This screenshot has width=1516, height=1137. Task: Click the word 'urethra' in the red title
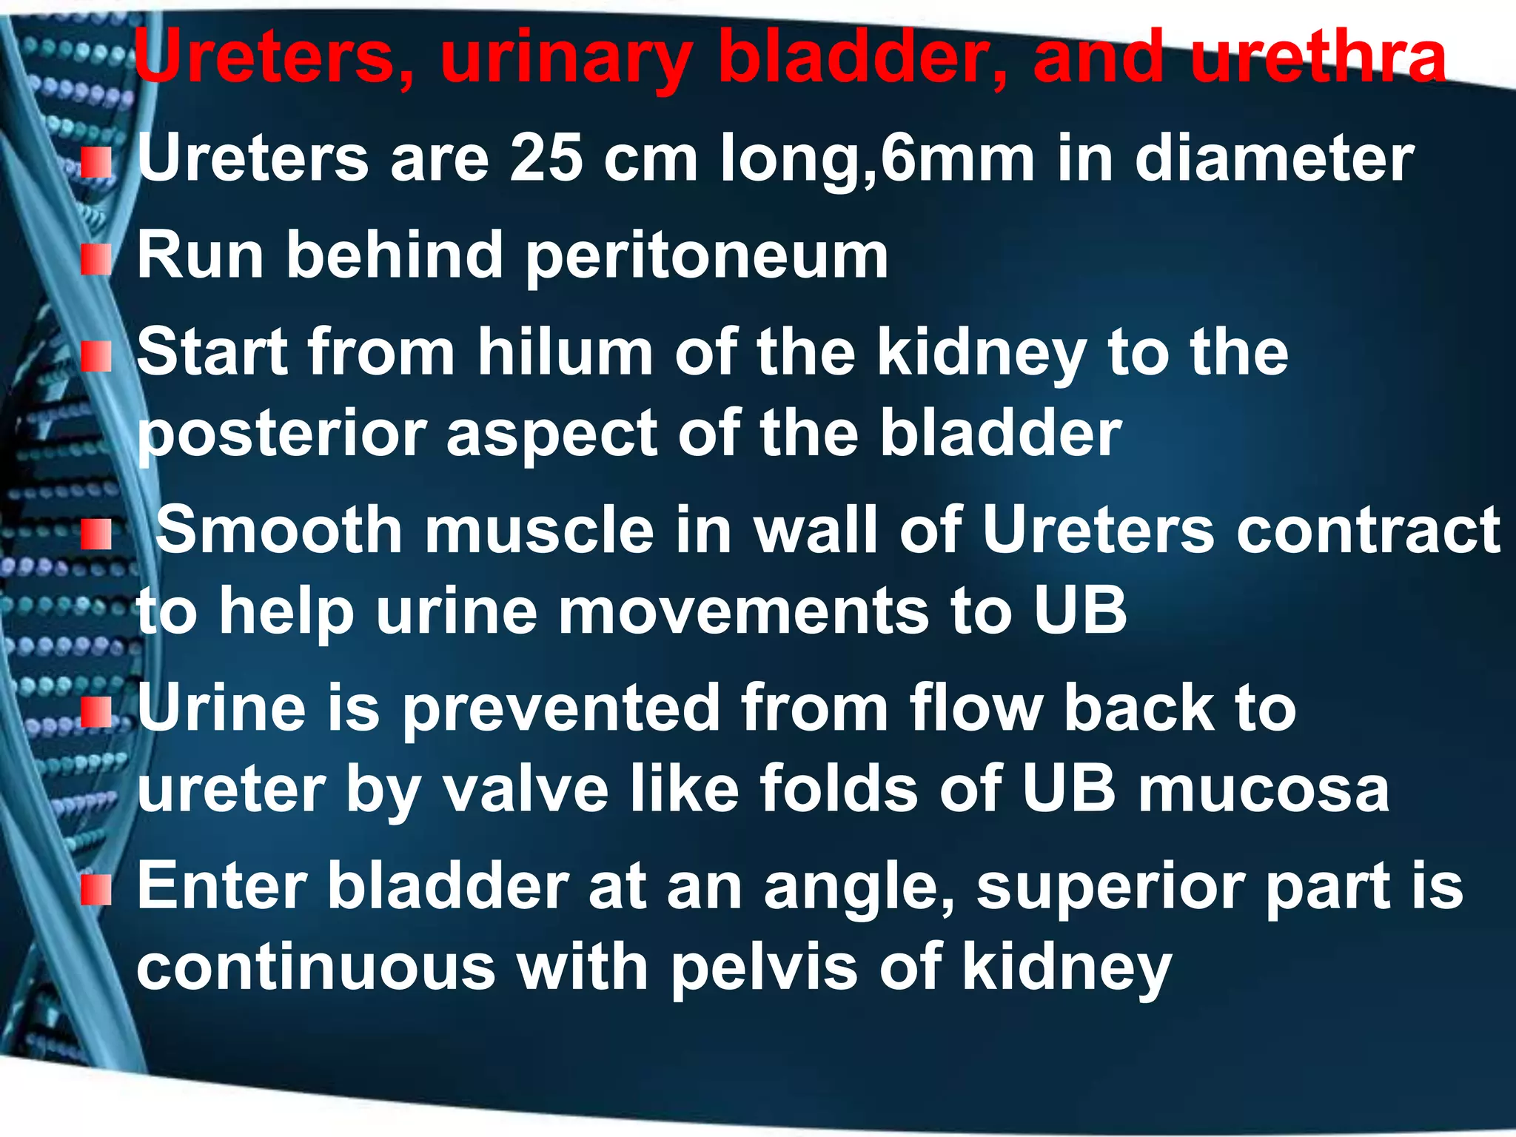click(x=1318, y=58)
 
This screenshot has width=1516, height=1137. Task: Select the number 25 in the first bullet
click(x=546, y=158)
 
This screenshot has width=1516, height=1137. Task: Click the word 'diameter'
click(x=1274, y=158)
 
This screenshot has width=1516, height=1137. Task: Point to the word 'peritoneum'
click(x=706, y=256)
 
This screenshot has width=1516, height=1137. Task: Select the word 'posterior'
click(x=282, y=435)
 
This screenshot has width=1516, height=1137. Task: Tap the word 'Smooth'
click(x=279, y=529)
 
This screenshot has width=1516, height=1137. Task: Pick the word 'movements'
click(x=742, y=611)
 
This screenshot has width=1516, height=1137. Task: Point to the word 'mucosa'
click(x=1263, y=789)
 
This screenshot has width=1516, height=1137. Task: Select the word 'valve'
click(x=525, y=789)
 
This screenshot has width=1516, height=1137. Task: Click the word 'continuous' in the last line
click(x=315, y=968)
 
